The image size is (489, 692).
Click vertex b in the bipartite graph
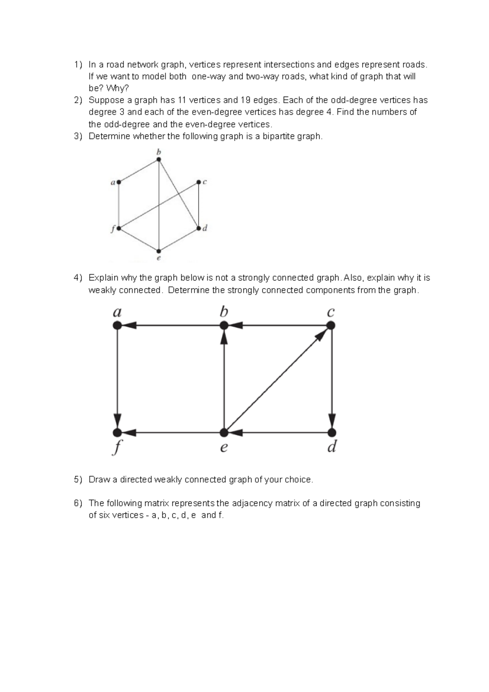[159, 160]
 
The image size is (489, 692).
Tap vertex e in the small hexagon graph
[159, 251]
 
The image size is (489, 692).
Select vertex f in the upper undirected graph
[119, 228]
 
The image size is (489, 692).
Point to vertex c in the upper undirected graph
[198, 182]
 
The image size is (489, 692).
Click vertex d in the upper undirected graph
[198, 228]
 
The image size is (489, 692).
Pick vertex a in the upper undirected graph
[119, 182]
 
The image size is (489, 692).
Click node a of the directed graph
[117, 325]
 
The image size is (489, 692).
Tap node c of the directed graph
[331, 325]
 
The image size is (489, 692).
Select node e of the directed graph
[224, 432]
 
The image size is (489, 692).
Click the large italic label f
[117, 448]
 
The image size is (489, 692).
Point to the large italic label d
[332, 447]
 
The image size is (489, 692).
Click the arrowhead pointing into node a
[130, 325]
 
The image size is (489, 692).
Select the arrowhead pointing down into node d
[332, 420]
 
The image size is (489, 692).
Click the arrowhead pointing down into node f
[117, 420]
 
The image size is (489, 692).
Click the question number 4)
[78, 278]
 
